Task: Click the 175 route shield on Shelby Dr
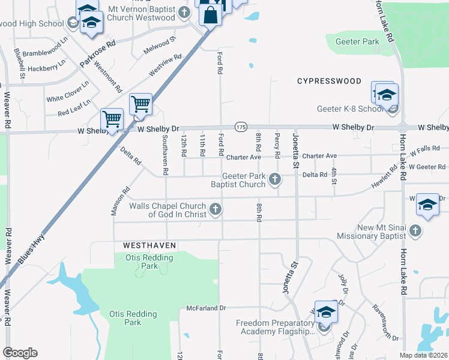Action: click(241, 127)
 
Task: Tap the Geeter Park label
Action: click(358, 42)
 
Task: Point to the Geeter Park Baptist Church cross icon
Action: click(275, 179)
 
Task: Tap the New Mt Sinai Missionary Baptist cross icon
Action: click(415, 230)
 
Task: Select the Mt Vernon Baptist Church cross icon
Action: click(185, 12)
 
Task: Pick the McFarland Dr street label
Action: click(206, 308)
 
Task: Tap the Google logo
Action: click(20, 352)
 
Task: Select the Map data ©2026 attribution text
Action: click(423, 355)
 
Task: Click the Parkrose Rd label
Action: click(97, 54)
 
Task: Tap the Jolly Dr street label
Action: click(343, 282)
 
